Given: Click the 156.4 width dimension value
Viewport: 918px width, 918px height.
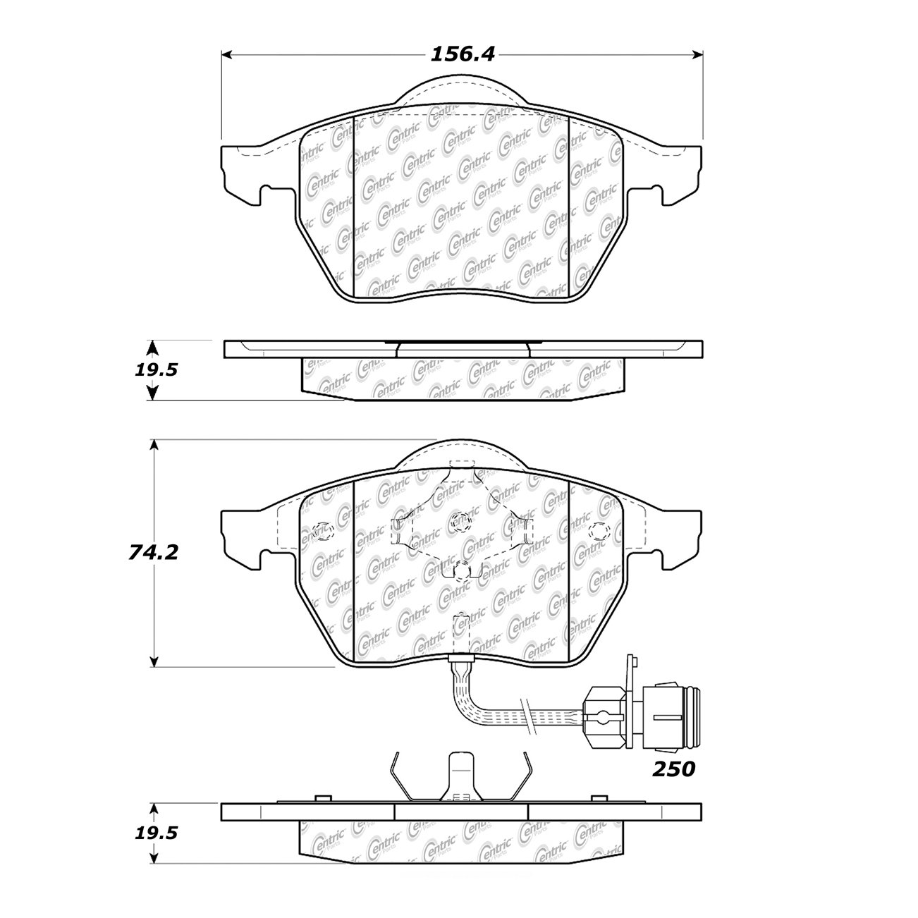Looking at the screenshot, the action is (x=463, y=55).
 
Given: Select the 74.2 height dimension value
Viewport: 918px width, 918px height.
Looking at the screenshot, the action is (x=154, y=552).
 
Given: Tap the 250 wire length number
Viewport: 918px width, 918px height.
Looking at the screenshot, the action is (x=673, y=782).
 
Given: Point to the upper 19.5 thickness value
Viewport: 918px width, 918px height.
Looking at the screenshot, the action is (x=156, y=369).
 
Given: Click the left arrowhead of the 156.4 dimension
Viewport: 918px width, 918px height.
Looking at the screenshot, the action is (x=227, y=55).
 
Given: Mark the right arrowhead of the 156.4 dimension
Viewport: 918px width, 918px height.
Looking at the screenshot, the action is (x=697, y=55).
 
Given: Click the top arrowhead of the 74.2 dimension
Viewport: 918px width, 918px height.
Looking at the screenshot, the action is (x=154, y=445).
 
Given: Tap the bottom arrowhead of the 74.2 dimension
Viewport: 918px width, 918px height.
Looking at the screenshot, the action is (x=154, y=661).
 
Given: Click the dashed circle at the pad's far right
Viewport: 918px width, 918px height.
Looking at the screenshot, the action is (x=599, y=531).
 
